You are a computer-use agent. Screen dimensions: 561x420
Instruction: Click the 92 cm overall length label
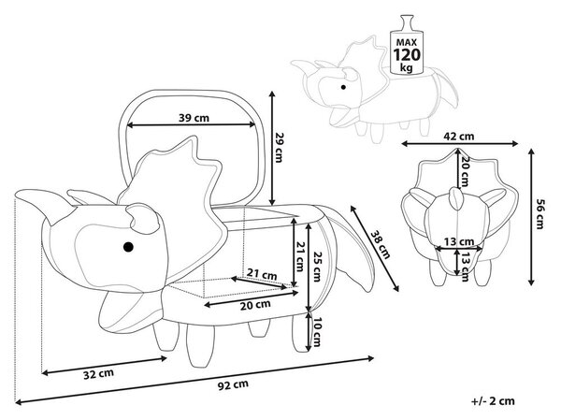(233, 384)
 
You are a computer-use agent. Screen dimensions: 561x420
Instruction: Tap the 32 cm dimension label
(98, 374)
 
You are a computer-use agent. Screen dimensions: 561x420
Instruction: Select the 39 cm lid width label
(194, 118)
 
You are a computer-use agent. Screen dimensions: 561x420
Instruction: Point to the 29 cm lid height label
(279, 148)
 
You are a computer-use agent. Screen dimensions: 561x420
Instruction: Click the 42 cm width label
(459, 136)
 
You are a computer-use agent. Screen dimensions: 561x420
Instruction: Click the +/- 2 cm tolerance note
(493, 401)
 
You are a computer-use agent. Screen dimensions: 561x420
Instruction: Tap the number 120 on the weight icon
(407, 55)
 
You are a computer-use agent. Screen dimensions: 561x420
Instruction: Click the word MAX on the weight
(407, 42)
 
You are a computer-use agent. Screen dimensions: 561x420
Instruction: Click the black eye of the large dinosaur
(128, 247)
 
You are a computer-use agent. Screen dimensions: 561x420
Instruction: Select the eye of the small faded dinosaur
(343, 87)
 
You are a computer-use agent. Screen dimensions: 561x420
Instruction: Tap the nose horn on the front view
(456, 198)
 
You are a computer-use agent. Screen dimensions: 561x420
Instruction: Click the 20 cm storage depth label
(255, 305)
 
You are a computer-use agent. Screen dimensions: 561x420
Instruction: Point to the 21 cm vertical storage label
(300, 256)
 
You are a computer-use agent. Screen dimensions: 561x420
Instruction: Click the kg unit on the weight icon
(406, 67)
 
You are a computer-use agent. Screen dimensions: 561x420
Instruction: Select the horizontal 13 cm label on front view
(459, 241)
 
